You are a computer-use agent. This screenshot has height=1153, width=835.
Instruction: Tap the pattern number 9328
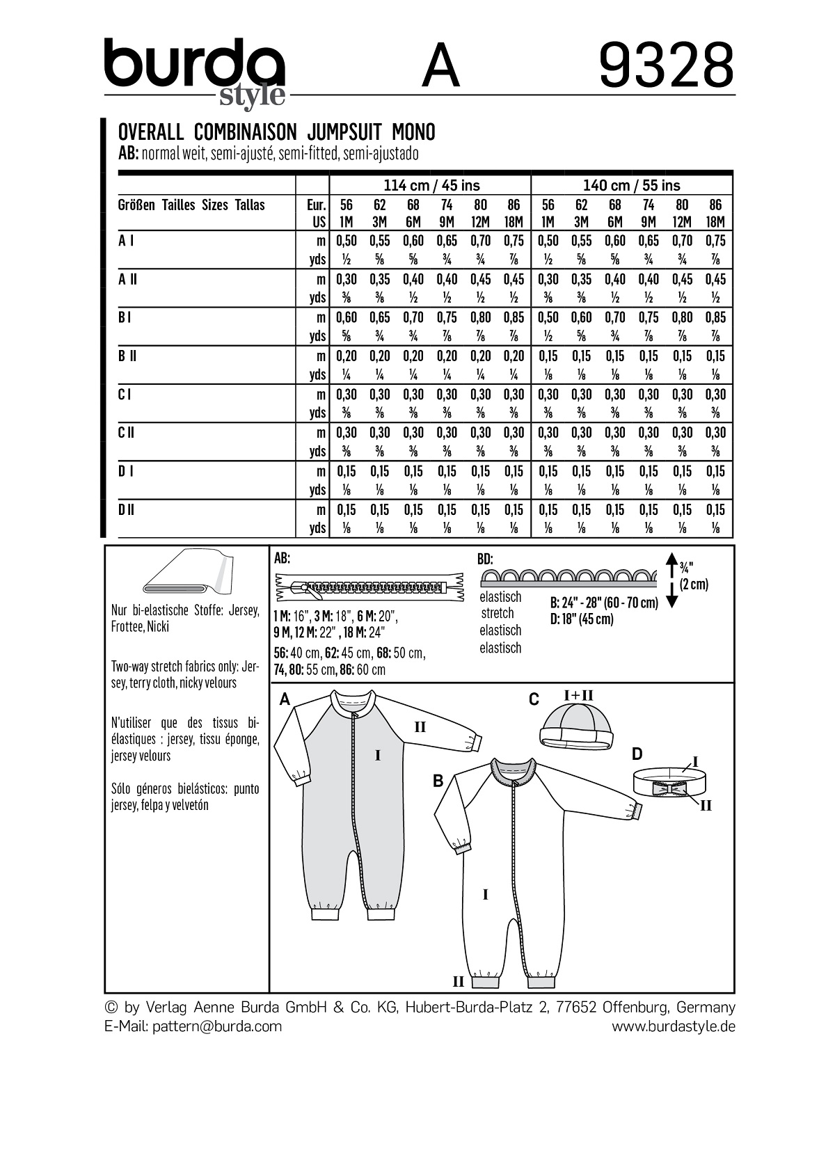pos(666,66)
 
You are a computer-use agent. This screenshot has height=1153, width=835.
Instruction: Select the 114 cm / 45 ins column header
pos(431,185)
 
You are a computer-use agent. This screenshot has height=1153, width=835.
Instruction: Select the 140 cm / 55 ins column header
pos(632,185)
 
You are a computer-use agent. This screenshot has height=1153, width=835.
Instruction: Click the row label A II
pos(127,279)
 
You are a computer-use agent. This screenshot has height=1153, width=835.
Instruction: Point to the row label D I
pos(126,471)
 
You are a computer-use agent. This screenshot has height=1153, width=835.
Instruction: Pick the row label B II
pos(127,356)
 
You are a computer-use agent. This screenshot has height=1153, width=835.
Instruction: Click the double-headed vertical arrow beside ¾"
pos(671,581)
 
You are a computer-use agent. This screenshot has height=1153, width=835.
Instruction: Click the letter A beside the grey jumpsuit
pos(285,700)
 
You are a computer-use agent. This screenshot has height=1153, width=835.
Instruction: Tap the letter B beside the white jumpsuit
pos(438,781)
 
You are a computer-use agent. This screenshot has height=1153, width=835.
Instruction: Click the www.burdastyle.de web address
pos(673,1026)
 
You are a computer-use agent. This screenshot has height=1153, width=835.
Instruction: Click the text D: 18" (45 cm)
pos(582,619)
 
